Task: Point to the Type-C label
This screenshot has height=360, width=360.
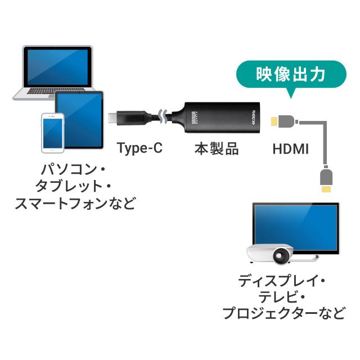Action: [139, 149]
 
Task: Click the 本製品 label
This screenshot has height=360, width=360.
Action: [217, 149]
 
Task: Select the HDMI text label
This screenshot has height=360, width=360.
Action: [290, 149]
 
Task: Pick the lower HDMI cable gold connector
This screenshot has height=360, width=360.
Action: [325, 190]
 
